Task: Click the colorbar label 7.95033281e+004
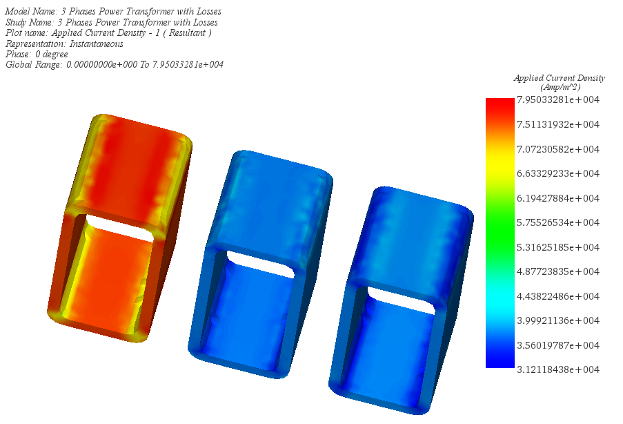(x=558, y=99)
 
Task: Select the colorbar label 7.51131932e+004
(x=558, y=124)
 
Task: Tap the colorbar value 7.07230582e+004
(x=558, y=149)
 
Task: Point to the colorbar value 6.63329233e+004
(x=558, y=173)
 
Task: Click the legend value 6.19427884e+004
(x=558, y=198)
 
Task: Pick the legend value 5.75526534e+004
(x=558, y=222)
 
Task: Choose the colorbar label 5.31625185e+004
(x=558, y=247)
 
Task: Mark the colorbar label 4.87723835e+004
(x=558, y=271)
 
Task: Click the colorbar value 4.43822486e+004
(x=558, y=296)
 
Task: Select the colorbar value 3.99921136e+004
(x=558, y=320)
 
